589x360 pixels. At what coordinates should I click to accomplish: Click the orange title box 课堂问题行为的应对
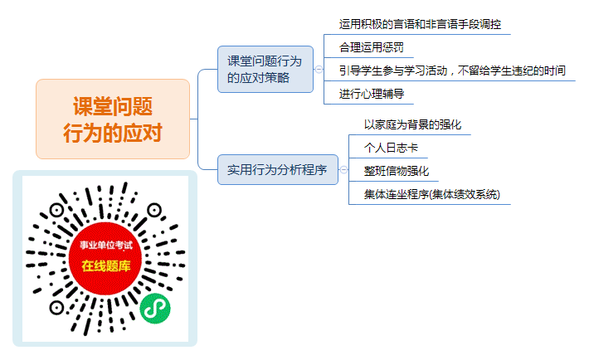(x=113, y=119)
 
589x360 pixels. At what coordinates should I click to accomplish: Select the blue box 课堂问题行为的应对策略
(x=265, y=69)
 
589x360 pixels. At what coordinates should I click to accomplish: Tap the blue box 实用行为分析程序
(x=278, y=169)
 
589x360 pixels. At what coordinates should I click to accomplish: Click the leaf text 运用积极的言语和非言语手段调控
(x=420, y=24)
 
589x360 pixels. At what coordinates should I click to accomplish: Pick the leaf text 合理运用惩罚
(x=371, y=47)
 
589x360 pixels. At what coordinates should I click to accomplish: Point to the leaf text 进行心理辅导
(x=371, y=94)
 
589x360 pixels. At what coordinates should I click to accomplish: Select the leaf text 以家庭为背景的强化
(x=412, y=124)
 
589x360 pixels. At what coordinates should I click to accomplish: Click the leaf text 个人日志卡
(x=391, y=148)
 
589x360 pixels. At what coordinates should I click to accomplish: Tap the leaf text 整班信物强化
(x=397, y=171)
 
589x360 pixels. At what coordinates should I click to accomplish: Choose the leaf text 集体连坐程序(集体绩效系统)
(x=432, y=194)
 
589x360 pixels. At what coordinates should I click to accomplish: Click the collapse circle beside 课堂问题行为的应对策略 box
(x=319, y=69)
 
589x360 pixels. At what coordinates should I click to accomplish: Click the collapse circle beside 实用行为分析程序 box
(x=343, y=169)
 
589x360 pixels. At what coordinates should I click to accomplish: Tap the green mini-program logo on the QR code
(x=155, y=309)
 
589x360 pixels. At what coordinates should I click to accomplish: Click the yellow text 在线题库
(x=106, y=266)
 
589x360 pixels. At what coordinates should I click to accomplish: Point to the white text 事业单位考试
(x=106, y=246)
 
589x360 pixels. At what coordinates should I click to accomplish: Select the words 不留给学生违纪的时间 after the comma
(x=512, y=71)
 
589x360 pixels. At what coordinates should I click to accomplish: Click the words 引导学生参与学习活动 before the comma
(x=393, y=71)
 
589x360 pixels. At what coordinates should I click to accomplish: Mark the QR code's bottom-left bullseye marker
(x=56, y=308)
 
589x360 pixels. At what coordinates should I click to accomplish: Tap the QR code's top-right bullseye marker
(x=154, y=210)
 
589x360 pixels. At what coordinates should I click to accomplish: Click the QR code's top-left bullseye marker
(x=56, y=210)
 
